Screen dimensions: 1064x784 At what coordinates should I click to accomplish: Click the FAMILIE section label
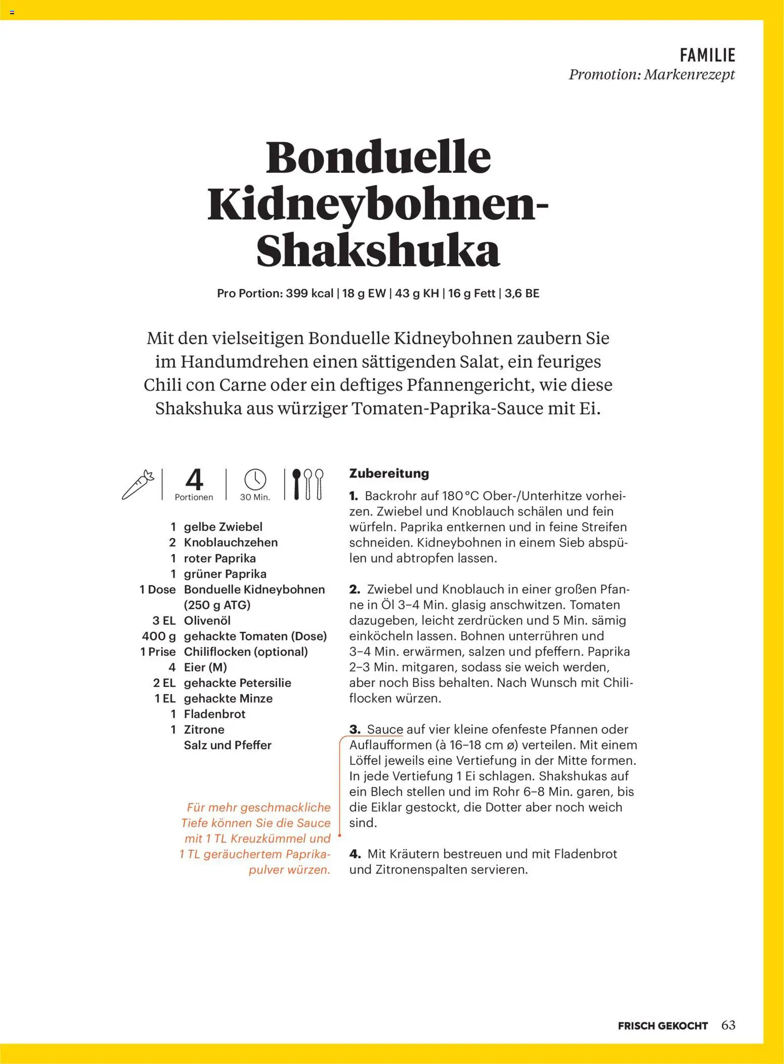coord(707,55)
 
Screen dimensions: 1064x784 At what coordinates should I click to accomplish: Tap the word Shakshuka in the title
coord(378,251)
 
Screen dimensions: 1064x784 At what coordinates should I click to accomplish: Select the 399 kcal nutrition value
coord(309,294)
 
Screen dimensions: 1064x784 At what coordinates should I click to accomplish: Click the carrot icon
coord(138,484)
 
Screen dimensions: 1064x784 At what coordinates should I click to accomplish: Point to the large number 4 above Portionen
coord(194,479)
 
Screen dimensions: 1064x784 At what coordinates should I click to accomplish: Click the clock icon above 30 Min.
coord(255,479)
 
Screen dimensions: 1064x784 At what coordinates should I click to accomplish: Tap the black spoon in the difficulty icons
coord(297,484)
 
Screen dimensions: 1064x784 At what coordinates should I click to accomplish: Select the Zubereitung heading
coord(389,474)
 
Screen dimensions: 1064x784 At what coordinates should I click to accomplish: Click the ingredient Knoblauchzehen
coord(231,542)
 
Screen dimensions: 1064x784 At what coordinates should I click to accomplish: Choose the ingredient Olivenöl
coord(207,620)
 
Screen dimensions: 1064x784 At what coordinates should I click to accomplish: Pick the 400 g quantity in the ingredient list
coord(159,636)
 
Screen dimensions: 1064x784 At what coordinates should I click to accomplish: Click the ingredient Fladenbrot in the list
coord(214,714)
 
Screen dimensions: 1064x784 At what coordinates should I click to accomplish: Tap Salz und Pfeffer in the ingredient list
coord(228,745)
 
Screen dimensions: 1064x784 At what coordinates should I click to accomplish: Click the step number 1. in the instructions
coord(354,496)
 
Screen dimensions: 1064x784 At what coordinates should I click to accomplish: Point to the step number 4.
coord(355,854)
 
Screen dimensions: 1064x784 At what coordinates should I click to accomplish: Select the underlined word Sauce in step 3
coord(385,729)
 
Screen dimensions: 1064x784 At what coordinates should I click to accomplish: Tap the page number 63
coord(728,1025)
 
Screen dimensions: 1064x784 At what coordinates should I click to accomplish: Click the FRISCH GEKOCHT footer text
coord(663,1026)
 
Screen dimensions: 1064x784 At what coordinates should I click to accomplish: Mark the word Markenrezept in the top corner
coord(689,75)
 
